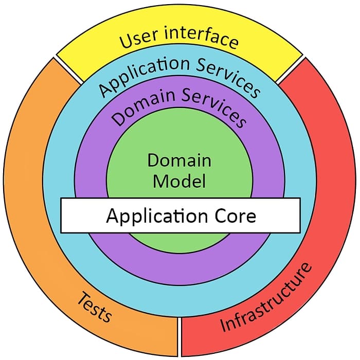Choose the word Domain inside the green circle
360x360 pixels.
pyautogui.click(x=179, y=160)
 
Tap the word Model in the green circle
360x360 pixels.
pyautogui.click(x=179, y=181)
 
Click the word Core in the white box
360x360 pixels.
pyautogui.click(x=231, y=215)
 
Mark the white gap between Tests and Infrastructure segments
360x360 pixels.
pyautogui.click(x=179, y=336)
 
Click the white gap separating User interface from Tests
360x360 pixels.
pyautogui.click(x=68, y=69)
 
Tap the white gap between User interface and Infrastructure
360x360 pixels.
pyautogui.click(x=291, y=69)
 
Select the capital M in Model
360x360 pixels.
pyautogui.click(x=160, y=181)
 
